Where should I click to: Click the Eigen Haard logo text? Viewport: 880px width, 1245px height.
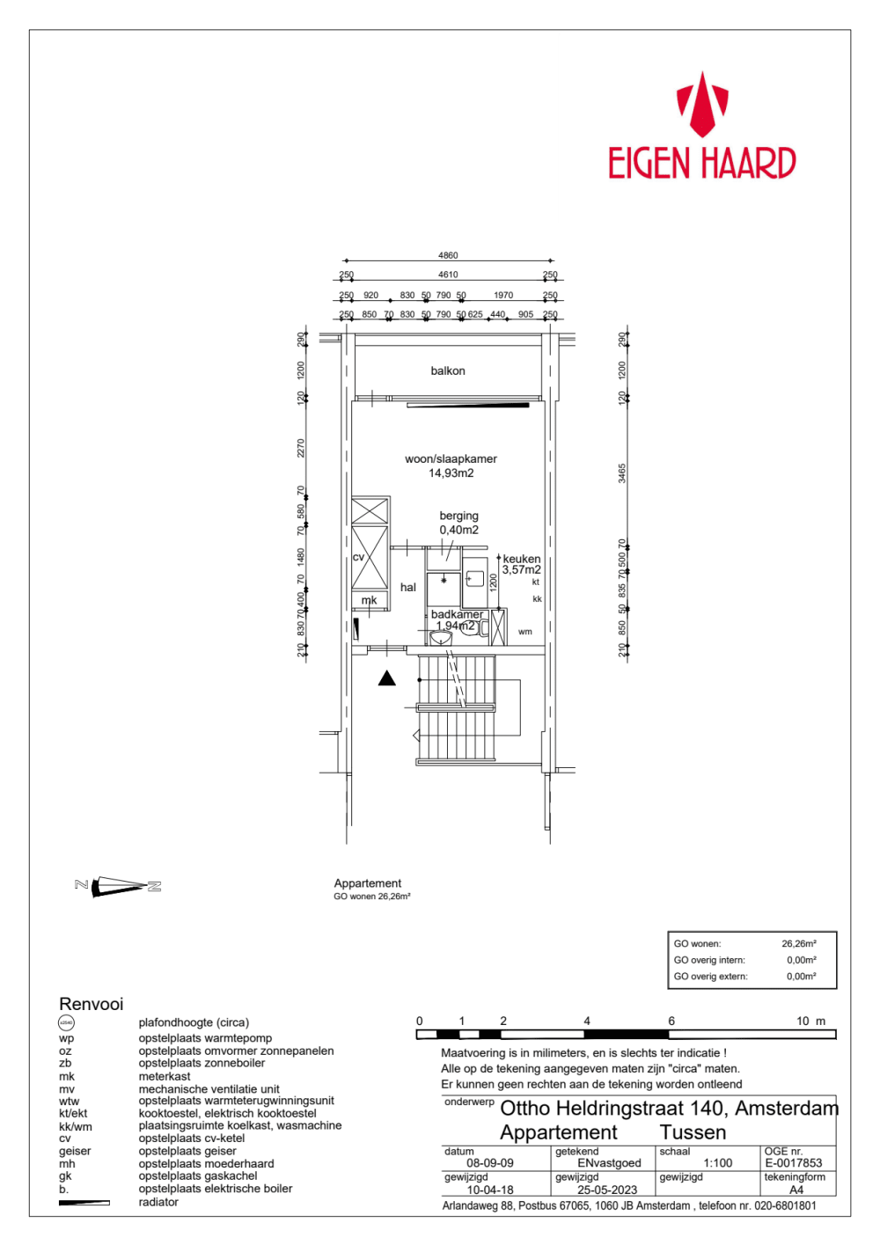(701, 164)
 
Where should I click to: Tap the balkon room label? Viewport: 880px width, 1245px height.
(448, 371)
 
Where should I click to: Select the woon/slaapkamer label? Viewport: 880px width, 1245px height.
(451, 459)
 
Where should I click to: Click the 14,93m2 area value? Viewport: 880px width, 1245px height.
(451, 473)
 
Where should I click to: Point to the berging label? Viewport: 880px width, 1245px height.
(458, 516)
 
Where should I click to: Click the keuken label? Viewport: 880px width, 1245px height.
(522, 559)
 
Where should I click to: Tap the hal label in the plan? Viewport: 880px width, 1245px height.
(408, 588)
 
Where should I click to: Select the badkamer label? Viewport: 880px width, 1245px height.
(457, 614)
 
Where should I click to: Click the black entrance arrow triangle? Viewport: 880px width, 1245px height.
(387, 678)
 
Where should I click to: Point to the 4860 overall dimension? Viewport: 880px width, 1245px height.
(448, 256)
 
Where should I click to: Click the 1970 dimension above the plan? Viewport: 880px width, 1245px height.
(503, 296)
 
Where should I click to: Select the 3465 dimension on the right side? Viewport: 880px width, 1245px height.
(622, 473)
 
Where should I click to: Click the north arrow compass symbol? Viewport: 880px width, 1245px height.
(118, 886)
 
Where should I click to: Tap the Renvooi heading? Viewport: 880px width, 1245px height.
(92, 1005)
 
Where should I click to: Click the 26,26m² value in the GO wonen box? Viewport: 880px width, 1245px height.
(798, 944)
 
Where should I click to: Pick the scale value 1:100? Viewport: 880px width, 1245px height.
(718, 1163)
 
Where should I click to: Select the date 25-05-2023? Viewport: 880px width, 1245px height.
(607, 1190)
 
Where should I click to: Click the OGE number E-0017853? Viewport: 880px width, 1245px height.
(794, 1163)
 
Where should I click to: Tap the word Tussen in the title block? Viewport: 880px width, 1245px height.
(693, 1132)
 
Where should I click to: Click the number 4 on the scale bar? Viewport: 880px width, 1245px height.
(587, 1022)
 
